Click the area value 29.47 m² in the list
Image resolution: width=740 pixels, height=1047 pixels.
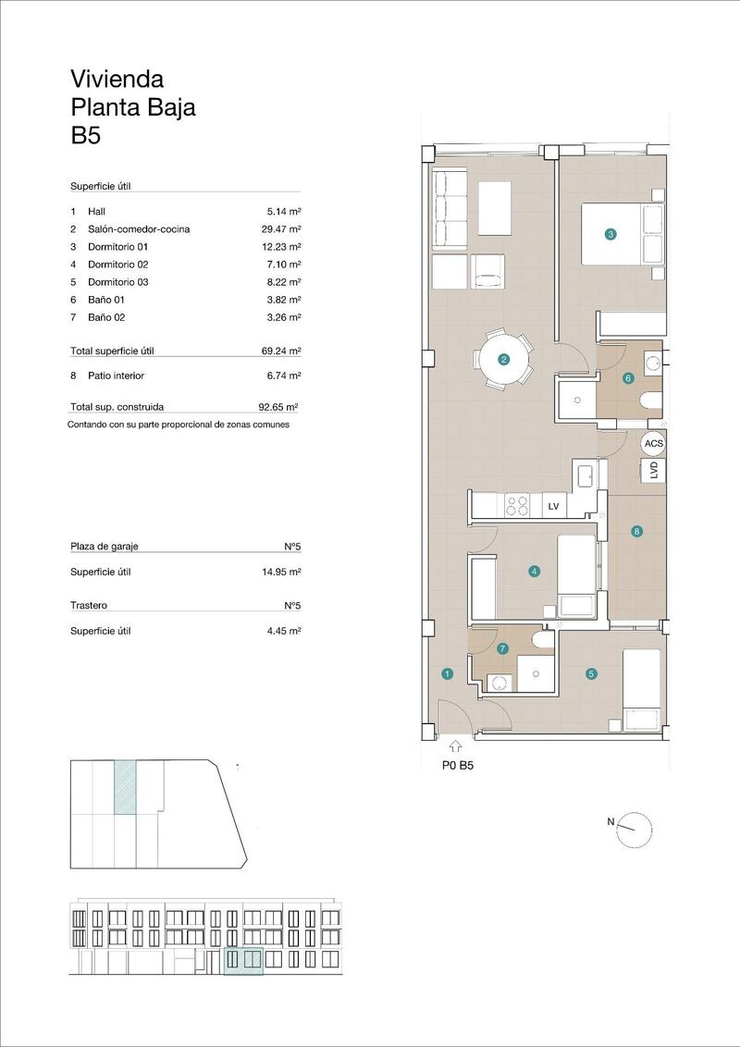[x=282, y=229]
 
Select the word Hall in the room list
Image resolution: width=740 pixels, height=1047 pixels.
[x=96, y=212]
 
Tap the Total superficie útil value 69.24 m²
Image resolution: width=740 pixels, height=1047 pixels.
[x=282, y=351]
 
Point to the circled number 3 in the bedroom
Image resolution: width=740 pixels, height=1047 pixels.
[x=610, y=235]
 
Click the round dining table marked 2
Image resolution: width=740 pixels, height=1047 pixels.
[x=504, y=360]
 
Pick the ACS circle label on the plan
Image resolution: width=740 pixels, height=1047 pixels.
[x=654, y=444]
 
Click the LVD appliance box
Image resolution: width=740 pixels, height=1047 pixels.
[x=654, y=470]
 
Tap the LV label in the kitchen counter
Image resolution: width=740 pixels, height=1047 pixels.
[x=554, y=506]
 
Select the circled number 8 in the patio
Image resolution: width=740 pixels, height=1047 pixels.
[x=636, y=531]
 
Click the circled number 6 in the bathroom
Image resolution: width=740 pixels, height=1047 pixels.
[x=628, y=377]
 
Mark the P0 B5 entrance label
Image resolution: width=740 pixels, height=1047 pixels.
[x=458, y=765]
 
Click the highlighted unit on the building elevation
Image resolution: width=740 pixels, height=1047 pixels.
[x=244, y=962]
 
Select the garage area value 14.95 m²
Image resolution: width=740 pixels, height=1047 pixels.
[x=282, y=572]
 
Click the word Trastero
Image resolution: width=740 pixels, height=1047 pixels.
[x=89, y=606]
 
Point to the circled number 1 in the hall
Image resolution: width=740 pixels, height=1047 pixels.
[x=448, y=674]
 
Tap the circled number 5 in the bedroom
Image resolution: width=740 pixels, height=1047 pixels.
[x=591, y=674]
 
